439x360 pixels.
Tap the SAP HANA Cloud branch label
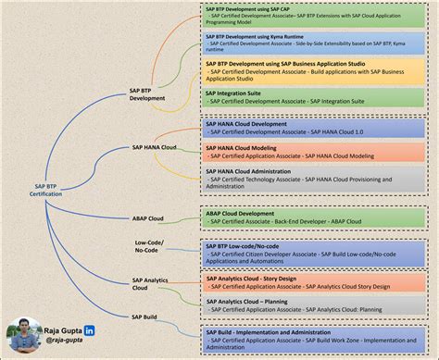click(155, 147)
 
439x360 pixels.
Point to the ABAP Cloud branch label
click(148, 219)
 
